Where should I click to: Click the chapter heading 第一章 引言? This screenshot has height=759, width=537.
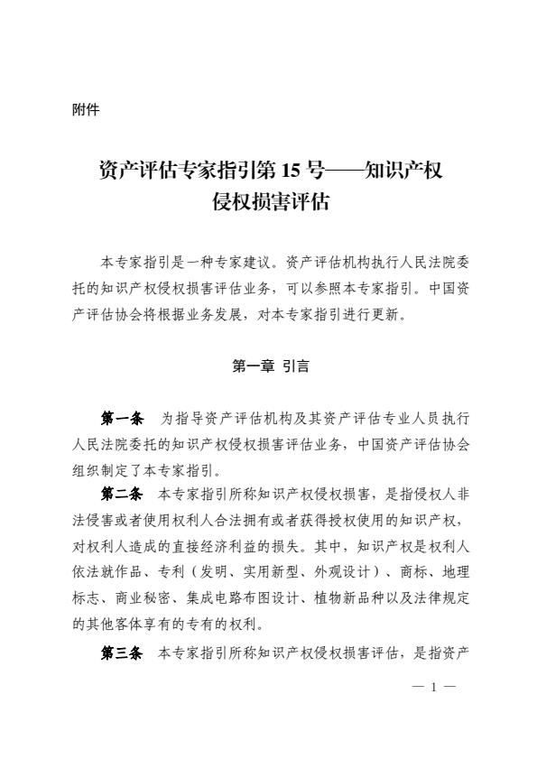point(269,366)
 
